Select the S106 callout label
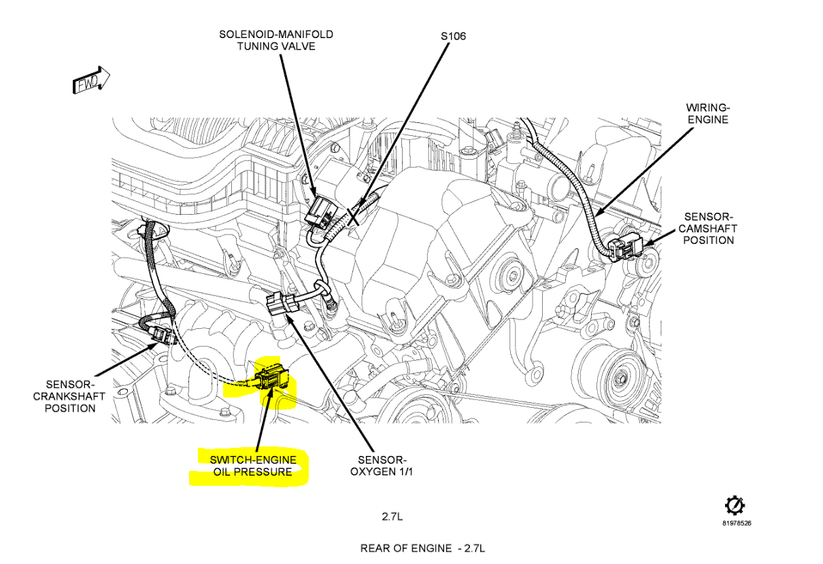pos(453,35)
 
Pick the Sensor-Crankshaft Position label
pos(69,396)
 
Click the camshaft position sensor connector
pos(624,250)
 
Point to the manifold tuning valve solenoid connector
pos(318,212)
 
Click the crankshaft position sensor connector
pos(159,334)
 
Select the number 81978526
pos(737,523)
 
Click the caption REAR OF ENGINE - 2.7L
pos(422,548)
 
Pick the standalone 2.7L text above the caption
pos(392,516)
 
